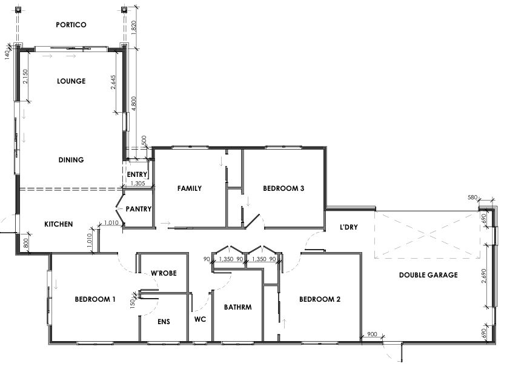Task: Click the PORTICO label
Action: click(x=71, y=25)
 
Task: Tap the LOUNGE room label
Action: click(x=71, y=81)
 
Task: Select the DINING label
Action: click(x=71, y=160)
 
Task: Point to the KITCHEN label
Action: click(x=59, y=224)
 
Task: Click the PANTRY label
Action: click(x=138, y=209)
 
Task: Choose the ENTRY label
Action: click(x=137, y=174)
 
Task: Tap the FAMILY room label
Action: click(x=190, y=188)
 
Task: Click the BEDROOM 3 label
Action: click(x=283, y=188)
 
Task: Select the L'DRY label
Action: click(x=349, y=227)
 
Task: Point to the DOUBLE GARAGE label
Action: click(x=428, y=275)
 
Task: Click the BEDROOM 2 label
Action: click(x=320, y=299)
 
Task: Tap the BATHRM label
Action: click(x=238, y=307)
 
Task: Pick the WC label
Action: click(x=200, y=319)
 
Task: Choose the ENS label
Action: click(x=164, y=322)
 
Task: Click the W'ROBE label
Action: click(x=164, y=273)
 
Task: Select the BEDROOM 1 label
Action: click(x=95, y=299)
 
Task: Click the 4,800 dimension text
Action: click(x=134, y=104)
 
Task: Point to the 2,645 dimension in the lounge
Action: click(x=113, y=82)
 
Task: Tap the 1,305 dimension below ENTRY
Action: click(x=138, y=184)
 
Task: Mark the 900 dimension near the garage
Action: click(x=372, y=334)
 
